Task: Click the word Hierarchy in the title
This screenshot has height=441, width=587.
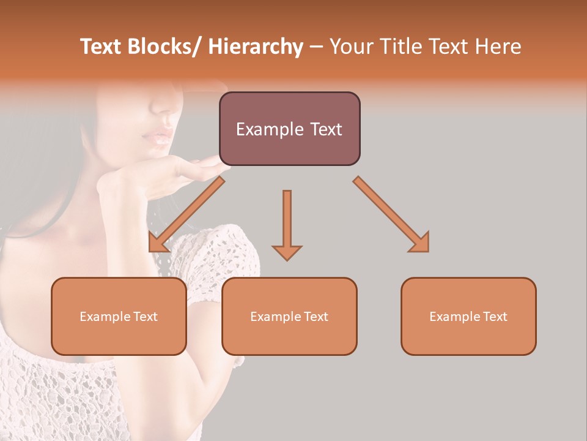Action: [256, 47]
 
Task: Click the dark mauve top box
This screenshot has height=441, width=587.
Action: [289, 129]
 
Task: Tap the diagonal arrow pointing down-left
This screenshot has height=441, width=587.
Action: [183, 217]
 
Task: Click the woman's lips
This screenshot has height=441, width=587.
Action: [158, 135]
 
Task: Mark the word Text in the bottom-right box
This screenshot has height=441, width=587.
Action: [495, 317]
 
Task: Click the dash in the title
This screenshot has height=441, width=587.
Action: [316, 48]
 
